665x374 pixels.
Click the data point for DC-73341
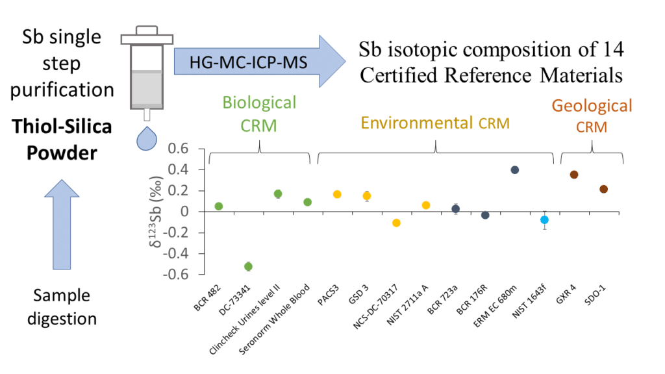pos(248,266)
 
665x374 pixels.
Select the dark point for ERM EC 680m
pos(515,170)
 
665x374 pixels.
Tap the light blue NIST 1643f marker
pos(544,220)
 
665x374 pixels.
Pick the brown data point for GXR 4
pos(574,175)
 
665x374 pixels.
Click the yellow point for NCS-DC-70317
pos(396,223)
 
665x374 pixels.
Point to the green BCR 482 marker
pos(219,206)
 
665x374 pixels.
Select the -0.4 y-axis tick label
pos(177,254)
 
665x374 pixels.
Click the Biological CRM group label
pos(259,113)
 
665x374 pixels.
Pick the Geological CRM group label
pos(591,116)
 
